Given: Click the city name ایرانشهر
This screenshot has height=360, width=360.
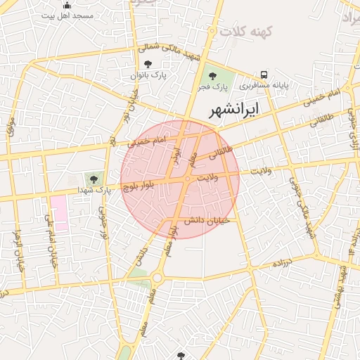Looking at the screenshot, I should click(234, 109).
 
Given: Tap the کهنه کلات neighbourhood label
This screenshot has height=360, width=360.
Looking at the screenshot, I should click(245, 32).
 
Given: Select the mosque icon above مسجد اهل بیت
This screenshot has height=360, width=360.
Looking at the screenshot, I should click(67, 5).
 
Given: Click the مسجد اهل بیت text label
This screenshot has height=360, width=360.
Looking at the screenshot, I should click(67, 15).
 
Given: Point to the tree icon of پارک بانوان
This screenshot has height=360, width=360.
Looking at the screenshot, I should click(147, 64).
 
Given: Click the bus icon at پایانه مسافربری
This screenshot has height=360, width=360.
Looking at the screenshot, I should click(264, 75).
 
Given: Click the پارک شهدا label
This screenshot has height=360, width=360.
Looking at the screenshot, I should click(94, 191).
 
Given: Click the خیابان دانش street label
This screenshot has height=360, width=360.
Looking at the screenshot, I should click(203, 221).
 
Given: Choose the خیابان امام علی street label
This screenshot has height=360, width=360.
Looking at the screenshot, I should click(50, 243).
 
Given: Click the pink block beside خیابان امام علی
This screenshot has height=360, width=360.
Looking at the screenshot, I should click(58, 213).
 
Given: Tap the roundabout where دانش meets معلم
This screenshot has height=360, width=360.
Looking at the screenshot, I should click(156, 278).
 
